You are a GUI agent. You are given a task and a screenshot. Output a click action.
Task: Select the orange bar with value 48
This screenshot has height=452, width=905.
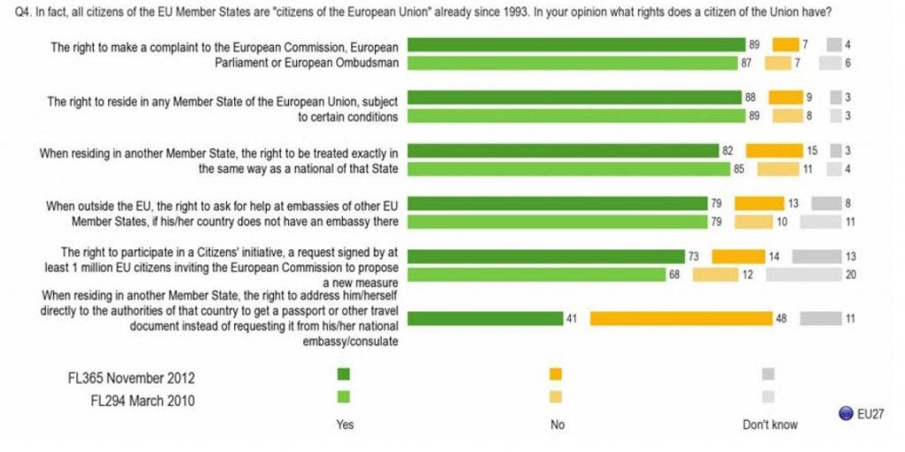681,318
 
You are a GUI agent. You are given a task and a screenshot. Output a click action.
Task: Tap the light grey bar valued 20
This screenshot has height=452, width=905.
803,274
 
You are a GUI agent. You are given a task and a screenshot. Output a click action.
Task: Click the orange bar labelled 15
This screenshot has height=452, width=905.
774,150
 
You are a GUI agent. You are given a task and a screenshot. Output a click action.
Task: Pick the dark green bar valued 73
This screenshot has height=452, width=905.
546,257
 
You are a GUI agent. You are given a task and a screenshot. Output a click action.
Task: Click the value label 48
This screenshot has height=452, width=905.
781,318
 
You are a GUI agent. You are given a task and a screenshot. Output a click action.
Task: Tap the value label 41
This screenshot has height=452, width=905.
573,318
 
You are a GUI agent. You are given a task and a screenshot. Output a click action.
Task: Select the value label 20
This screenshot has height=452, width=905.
850,274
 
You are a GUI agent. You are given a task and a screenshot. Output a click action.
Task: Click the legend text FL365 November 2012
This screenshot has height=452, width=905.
131,378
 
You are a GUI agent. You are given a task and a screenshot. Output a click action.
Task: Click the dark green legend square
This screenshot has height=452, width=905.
344,374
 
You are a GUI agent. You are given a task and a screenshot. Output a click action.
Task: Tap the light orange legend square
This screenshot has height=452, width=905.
555,397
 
